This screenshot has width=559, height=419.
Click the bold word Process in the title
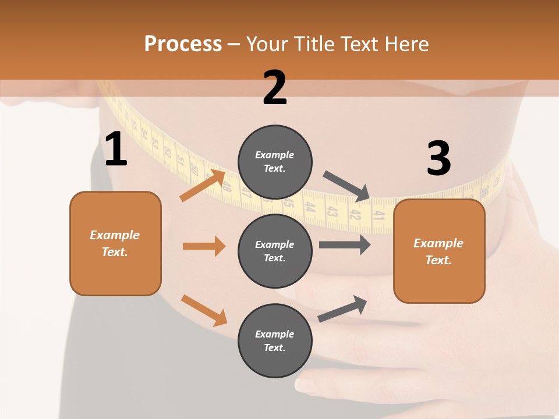click(183, 44)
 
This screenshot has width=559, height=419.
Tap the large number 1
click(116, 150)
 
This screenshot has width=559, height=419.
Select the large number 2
click(275, 88)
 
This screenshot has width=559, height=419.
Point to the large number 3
click(438, 158)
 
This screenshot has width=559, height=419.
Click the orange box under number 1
click(115, 243)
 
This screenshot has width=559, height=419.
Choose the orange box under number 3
click(439, 251)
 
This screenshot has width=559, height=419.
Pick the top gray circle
click(275, 162)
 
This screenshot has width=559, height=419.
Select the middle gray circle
click(275, 251)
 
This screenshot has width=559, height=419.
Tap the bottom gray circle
click(275, 340)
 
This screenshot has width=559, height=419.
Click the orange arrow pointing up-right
click(203, 186)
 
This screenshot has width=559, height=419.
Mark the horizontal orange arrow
click(204, 246)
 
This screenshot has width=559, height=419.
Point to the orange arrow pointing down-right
click(204, 310)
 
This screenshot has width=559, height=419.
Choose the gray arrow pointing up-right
click(342, 309)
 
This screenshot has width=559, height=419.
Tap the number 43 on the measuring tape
click(331, 212)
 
